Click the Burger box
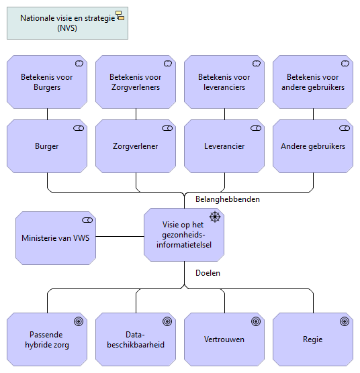(47, 146)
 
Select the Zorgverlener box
(136, 146)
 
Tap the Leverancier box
(224, 146)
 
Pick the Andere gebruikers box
(313, 146)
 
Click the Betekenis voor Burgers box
(47, 82)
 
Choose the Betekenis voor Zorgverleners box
(136, 82)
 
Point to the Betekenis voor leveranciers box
(224, 82)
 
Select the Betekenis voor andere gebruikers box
(313, 82)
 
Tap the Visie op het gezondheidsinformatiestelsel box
(184, 235)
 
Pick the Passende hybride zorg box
(47, 339)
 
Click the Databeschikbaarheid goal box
(136, 339)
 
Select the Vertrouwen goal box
(224, 339)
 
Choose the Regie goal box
(313, 339)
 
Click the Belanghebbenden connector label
(227, 199)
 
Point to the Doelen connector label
(208, 273)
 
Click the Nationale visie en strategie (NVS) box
(67, 23)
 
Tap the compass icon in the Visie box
(215, 216)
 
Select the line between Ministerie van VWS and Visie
(120, 237)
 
